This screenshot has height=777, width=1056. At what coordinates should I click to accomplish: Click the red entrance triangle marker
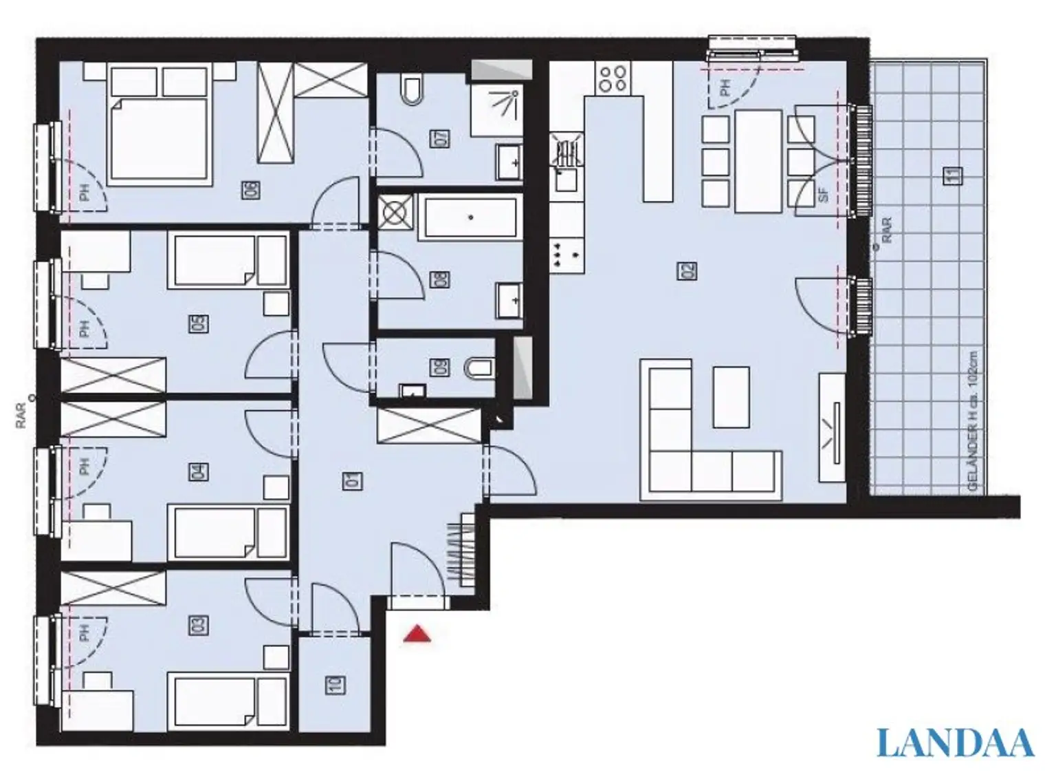[417, 634]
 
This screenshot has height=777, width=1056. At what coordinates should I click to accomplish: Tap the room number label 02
[688, 270]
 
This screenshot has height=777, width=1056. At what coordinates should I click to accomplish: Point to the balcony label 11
[953, 175]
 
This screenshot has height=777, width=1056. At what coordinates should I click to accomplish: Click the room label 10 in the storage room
[335, 685]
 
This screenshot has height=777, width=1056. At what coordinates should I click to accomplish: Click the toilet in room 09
[480, 368]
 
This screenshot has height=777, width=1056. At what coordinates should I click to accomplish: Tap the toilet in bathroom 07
[412, 89]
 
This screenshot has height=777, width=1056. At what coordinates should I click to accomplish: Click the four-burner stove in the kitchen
[613, 78]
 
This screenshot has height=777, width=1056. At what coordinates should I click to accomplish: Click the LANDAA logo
[956, 743]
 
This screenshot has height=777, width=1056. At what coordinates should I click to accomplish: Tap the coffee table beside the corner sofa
[731, 396]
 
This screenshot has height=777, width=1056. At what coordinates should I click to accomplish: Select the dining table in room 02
[758, 161]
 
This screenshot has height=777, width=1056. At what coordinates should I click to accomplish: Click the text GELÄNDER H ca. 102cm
[972, 421]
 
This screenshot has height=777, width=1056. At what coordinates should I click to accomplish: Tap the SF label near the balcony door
[824, 195]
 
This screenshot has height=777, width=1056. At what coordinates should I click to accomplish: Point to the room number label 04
[198, 472]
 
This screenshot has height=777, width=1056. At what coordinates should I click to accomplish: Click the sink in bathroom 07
[509, 162]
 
